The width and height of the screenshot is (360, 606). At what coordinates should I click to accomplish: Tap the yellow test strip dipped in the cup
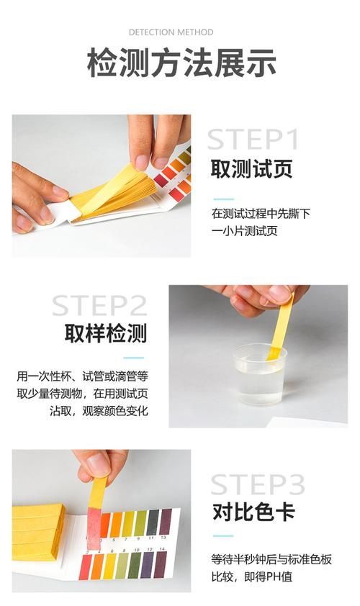[281, 324]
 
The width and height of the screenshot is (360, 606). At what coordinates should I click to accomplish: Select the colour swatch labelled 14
[161, 566]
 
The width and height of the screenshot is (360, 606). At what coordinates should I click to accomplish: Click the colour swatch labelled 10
[135, 566]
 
